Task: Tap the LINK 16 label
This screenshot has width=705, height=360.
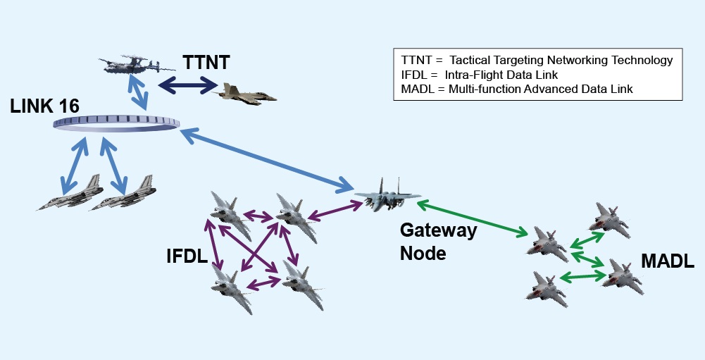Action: (x=44, y=106)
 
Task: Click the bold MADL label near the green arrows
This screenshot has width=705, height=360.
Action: (x=667, y=262)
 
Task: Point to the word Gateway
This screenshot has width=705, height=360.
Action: (x=438, y=230)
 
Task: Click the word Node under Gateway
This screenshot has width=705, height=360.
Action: (x=423, y=253)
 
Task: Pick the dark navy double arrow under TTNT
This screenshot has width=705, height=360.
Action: (x=187, y=85)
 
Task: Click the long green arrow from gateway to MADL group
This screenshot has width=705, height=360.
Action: (x=473, y=218)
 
